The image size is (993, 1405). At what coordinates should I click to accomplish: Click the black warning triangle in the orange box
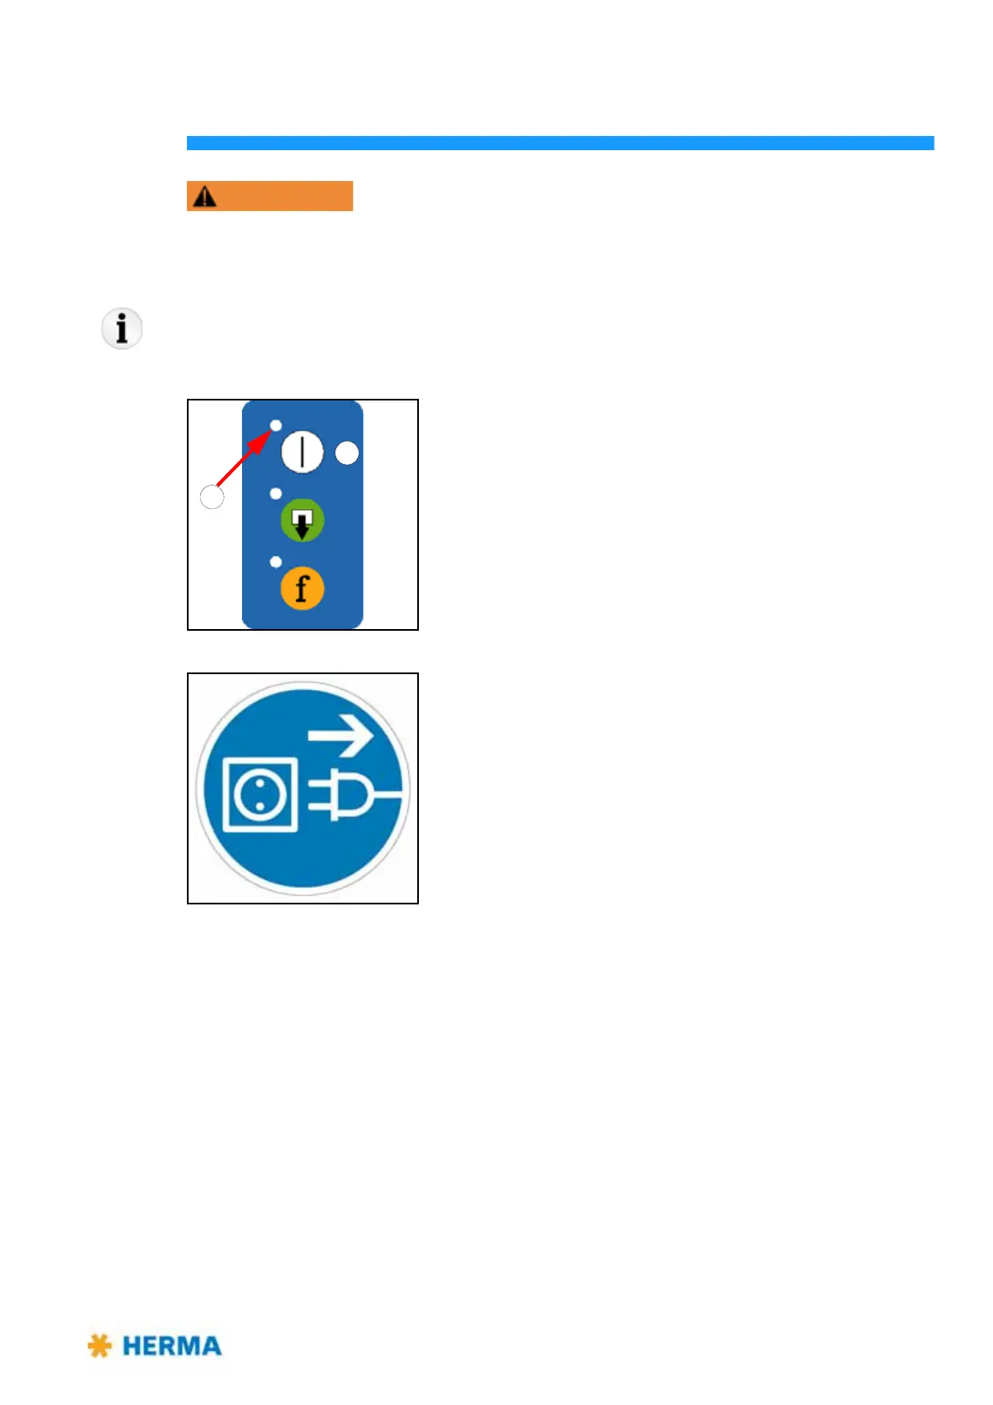pos(204,196)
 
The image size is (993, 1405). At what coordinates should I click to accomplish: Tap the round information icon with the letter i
pos(122,328)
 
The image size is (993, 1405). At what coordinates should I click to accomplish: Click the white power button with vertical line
pos(302,453)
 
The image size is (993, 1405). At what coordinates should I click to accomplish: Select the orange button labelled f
pos(302,588)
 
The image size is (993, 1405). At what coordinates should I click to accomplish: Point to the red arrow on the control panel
pos(243,459)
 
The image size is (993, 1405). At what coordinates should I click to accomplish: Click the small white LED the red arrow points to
pos(275,426)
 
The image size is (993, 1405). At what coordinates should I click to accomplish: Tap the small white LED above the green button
pos(275,494)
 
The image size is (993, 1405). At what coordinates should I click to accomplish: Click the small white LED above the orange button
pos(275,562)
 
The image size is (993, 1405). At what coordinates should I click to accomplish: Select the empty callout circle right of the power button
pos(347,453)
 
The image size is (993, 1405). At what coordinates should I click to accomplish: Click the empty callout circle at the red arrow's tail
pos(212,497)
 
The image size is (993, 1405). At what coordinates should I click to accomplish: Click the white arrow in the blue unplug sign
pos(340,737)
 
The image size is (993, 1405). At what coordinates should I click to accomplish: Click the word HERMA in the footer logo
pos(172,1346)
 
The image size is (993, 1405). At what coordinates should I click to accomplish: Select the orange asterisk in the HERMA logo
pos(99,1346)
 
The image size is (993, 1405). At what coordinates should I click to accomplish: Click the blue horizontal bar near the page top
pos(560,143)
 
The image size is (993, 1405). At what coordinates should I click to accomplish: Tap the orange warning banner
pos(270,196)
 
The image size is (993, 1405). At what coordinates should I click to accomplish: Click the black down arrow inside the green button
pos(302,524)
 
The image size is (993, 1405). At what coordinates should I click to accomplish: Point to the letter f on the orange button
pos(302,588)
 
